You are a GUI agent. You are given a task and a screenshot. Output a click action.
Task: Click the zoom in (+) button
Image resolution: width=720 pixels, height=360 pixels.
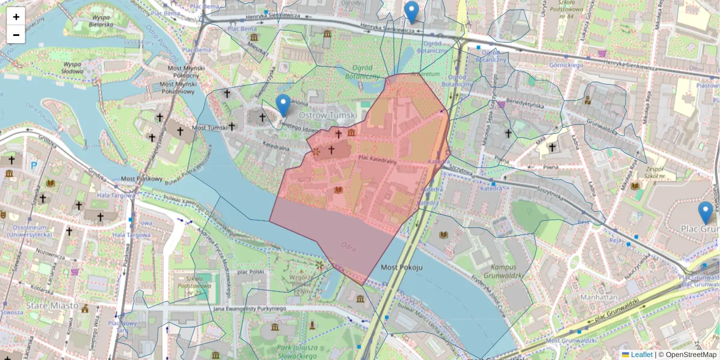(x=16, y=17)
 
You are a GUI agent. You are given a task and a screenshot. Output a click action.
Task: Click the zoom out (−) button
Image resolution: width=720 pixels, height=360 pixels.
(x=16, y=35)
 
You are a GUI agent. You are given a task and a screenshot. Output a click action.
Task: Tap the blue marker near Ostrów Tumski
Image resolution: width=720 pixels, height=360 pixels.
(x=283, y=105)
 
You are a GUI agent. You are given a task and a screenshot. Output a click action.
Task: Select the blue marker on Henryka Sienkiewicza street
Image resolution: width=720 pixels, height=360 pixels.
(x=411, y=12)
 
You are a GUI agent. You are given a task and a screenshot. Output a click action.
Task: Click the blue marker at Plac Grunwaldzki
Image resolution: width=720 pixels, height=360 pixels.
(x=706, y=213)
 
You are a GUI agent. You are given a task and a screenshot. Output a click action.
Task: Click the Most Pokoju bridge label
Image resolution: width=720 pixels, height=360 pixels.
(x=402, y=267)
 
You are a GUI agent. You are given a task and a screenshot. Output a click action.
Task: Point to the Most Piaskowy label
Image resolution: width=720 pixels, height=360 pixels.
(x=142, y=179)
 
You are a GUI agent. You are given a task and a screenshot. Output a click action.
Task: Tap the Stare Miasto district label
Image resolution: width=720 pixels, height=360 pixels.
(x=52, y=305)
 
